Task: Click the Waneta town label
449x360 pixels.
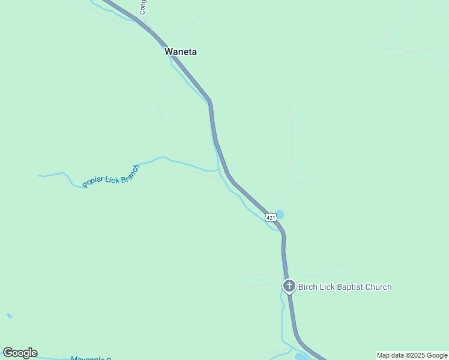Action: tap(181, 52)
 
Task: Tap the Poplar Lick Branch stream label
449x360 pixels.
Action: tap(111, 176)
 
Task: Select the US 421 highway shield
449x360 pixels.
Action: tap(271, 217)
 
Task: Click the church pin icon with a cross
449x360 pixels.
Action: tap(289, 286)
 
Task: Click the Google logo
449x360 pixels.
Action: tap(20, 353)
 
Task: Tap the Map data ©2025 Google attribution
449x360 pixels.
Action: tap(412, 355)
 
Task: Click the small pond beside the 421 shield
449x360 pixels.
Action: tap(280, 214)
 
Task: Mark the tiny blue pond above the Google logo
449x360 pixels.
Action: tap(9, 316)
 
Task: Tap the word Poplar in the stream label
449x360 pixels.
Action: tap(94, 181)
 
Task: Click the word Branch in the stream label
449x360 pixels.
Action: tap(130, 171)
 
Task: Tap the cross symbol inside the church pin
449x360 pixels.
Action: tap(289, 286)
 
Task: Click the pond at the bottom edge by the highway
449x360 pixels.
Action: tap(301, 356)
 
